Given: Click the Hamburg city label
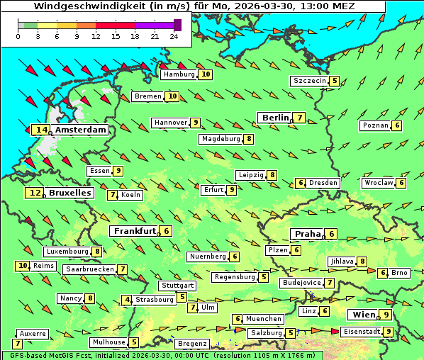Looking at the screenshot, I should click(x=178, y=74).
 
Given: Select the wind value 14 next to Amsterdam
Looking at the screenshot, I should click(x=42, y=130).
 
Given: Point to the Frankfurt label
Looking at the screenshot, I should click(x=133, y=231).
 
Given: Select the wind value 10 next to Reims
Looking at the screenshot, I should click(x=23, y=266).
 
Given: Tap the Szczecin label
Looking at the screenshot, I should click(x=310, y=81).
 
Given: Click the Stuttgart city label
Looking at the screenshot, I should click(x=177, y=286).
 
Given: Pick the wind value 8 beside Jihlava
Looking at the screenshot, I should click(x=362, y=261).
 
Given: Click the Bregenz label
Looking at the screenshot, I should click(x=191, y=344).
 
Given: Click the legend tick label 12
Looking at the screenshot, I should click(x=96, y=37).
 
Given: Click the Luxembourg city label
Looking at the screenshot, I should click(x=67, y=252).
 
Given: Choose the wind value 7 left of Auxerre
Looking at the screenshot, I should click(x=17, y=344).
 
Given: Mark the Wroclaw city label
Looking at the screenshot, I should click(x=378, y=183).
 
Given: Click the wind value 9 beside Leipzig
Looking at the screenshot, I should click(x=272, y=175).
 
